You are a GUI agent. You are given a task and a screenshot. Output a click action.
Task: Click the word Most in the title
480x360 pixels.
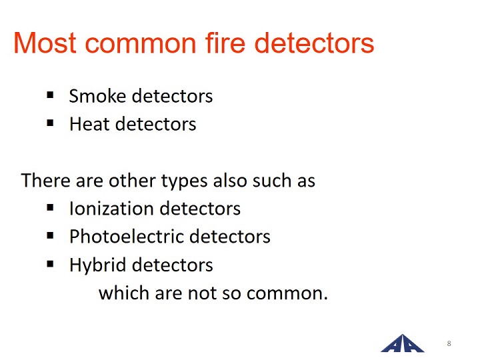(45, 43)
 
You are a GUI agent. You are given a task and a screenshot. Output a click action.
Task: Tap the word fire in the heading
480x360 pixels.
(225, 43)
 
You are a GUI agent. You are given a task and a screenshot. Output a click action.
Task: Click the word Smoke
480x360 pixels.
(97, 96)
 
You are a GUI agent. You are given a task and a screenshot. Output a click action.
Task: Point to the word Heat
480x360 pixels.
(89, 124)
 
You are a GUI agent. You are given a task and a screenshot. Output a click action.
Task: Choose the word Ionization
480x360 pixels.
(111, 209)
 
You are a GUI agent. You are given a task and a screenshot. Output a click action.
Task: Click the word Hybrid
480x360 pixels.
(97, 265)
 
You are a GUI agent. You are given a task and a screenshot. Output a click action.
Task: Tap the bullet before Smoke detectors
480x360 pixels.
(50, 95)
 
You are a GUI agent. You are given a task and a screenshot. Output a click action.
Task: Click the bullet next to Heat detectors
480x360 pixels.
(50, 123)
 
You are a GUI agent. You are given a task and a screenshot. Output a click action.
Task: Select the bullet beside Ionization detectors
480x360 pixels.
(50, 208)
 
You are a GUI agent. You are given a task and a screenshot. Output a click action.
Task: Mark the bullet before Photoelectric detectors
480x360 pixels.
(50, 236)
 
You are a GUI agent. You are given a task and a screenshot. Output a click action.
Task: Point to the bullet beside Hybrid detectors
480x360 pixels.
(50, 264)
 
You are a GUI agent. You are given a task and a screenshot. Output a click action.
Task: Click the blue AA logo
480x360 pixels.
(402, 343)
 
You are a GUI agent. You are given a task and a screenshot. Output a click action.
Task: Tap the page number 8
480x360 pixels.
(449, 343)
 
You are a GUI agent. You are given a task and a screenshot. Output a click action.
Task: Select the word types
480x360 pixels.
(184, 181)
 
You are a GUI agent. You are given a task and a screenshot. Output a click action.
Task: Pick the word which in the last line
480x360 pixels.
(124, 293)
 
